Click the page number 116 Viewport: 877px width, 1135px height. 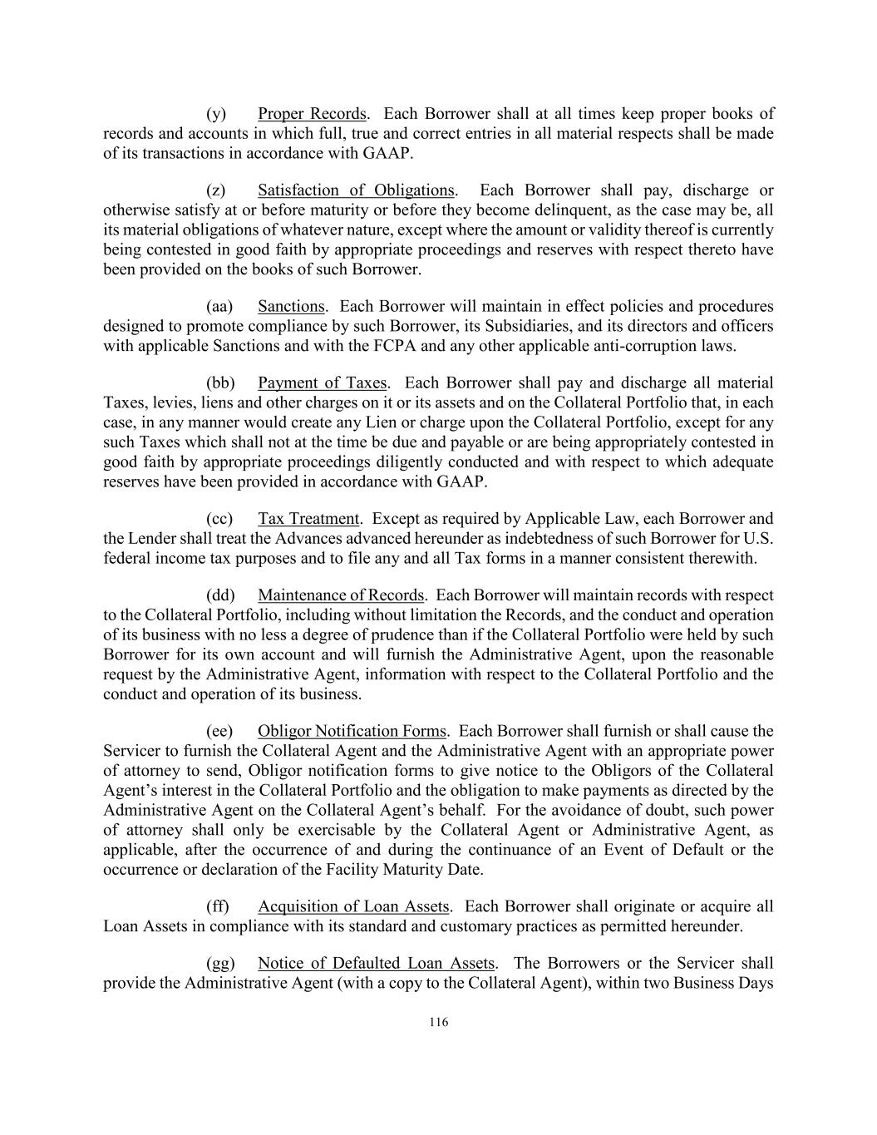coord(439,1022)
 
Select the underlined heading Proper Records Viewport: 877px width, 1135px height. coord(312,114)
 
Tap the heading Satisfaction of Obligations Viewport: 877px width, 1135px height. coord(356,190)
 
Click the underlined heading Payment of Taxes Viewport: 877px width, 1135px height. coord(322,382)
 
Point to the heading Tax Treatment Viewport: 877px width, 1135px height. coord(308,519)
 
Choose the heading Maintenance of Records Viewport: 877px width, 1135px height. coord(341,595)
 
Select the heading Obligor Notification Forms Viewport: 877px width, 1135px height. coord(352,731)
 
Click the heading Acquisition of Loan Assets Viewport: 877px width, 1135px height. coord(353,906)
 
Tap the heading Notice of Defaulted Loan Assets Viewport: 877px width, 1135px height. coord(376,963)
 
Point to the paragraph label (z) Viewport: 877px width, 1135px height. coord(216,190)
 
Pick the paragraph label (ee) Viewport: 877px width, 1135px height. coord(220,731)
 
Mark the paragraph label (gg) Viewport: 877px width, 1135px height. coord(220,963)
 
